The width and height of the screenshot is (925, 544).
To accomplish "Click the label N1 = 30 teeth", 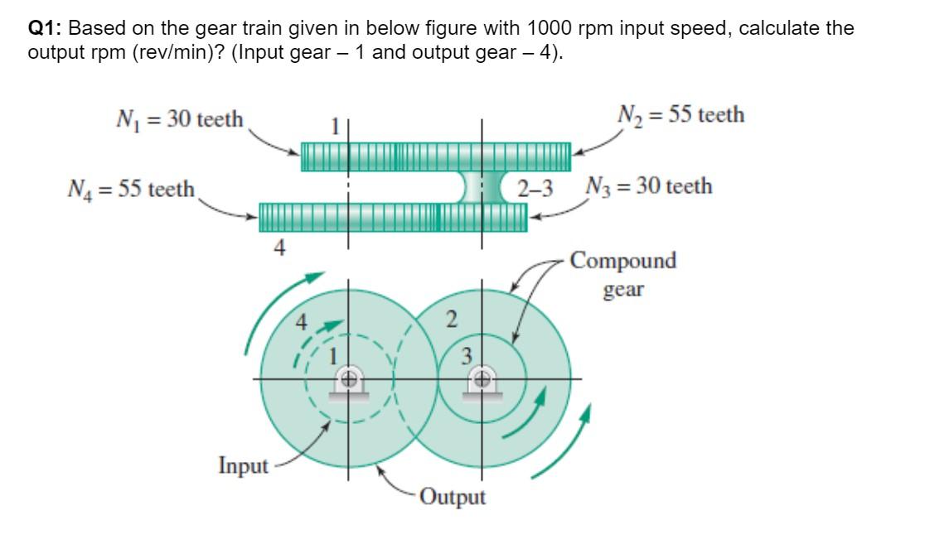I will click(x=177, y=119).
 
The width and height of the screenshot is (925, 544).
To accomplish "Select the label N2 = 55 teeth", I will click(x=680, y=114).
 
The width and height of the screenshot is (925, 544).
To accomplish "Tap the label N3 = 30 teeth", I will click(x=648, y=185).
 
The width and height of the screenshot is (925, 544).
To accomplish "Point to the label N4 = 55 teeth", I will click(x=130, y=189).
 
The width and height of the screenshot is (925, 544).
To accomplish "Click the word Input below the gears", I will click(x=244, y=465).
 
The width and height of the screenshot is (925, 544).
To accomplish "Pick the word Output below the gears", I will click(x=453, y=497).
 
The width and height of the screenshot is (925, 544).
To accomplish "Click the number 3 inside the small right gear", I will click(x=467, y=356).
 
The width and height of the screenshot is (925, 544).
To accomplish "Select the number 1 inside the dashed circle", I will click(x=336, y=358).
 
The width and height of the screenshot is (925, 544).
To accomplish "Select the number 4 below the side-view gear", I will click(x=280, y=248).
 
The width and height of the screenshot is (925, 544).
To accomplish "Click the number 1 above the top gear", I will click(x=336, y=128).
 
